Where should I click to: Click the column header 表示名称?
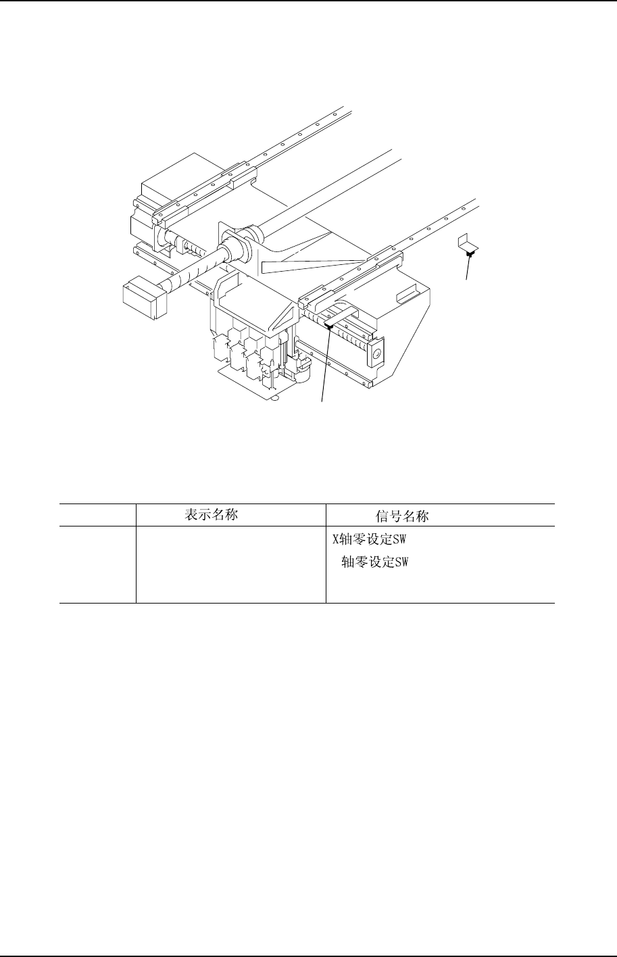point(212,515)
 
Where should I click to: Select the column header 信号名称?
point(403,516)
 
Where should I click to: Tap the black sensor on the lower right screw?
point(329,326)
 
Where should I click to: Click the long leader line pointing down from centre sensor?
point(325,365)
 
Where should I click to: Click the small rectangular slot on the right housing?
point(408,295)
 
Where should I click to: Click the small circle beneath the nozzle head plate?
point(274,398)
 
